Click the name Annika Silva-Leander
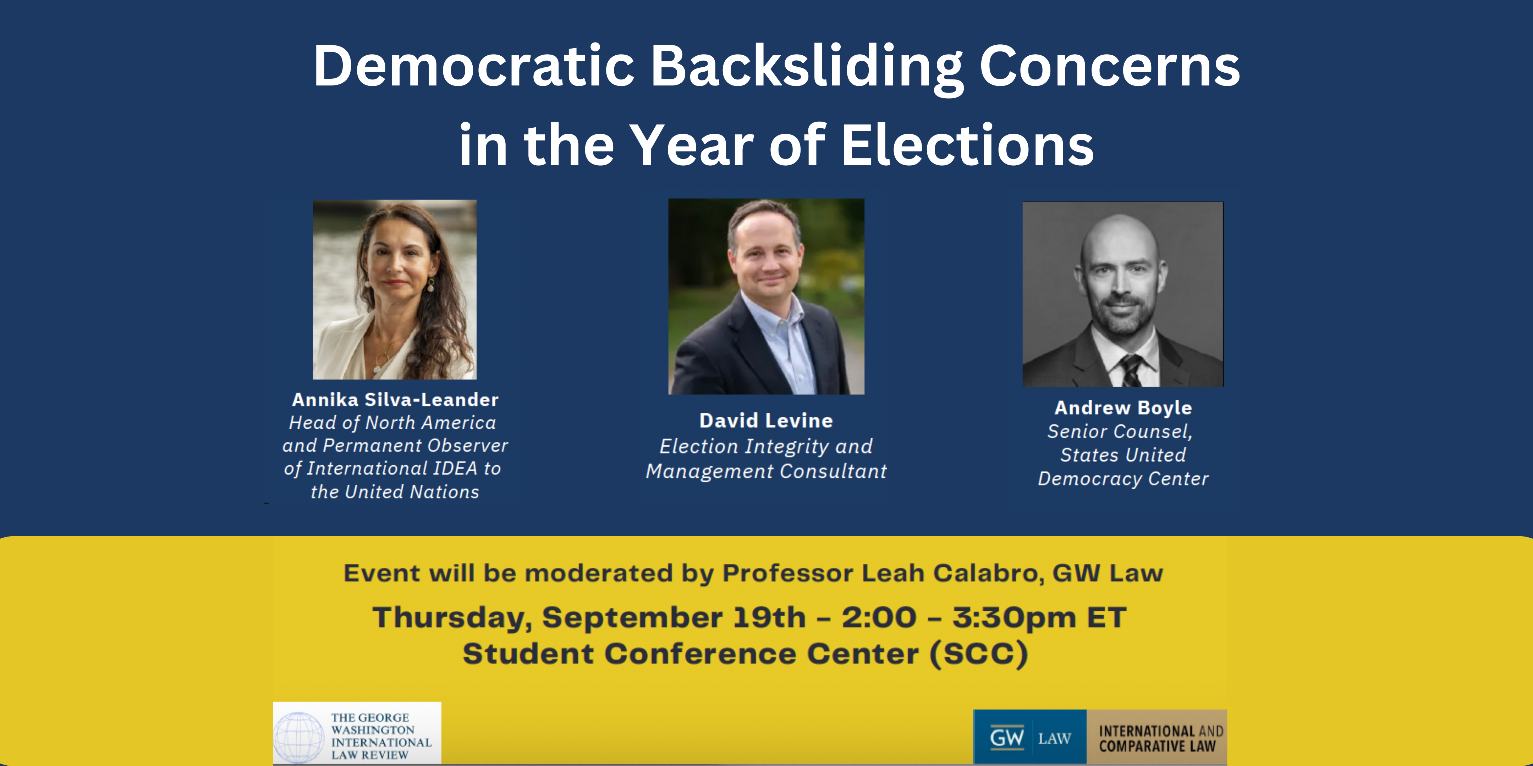(395, 400)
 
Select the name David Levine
(766, 421)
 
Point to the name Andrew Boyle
(1123, 408)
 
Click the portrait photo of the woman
(395, 290)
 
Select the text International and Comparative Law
(1160, 739)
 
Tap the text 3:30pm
(1014, 618)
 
